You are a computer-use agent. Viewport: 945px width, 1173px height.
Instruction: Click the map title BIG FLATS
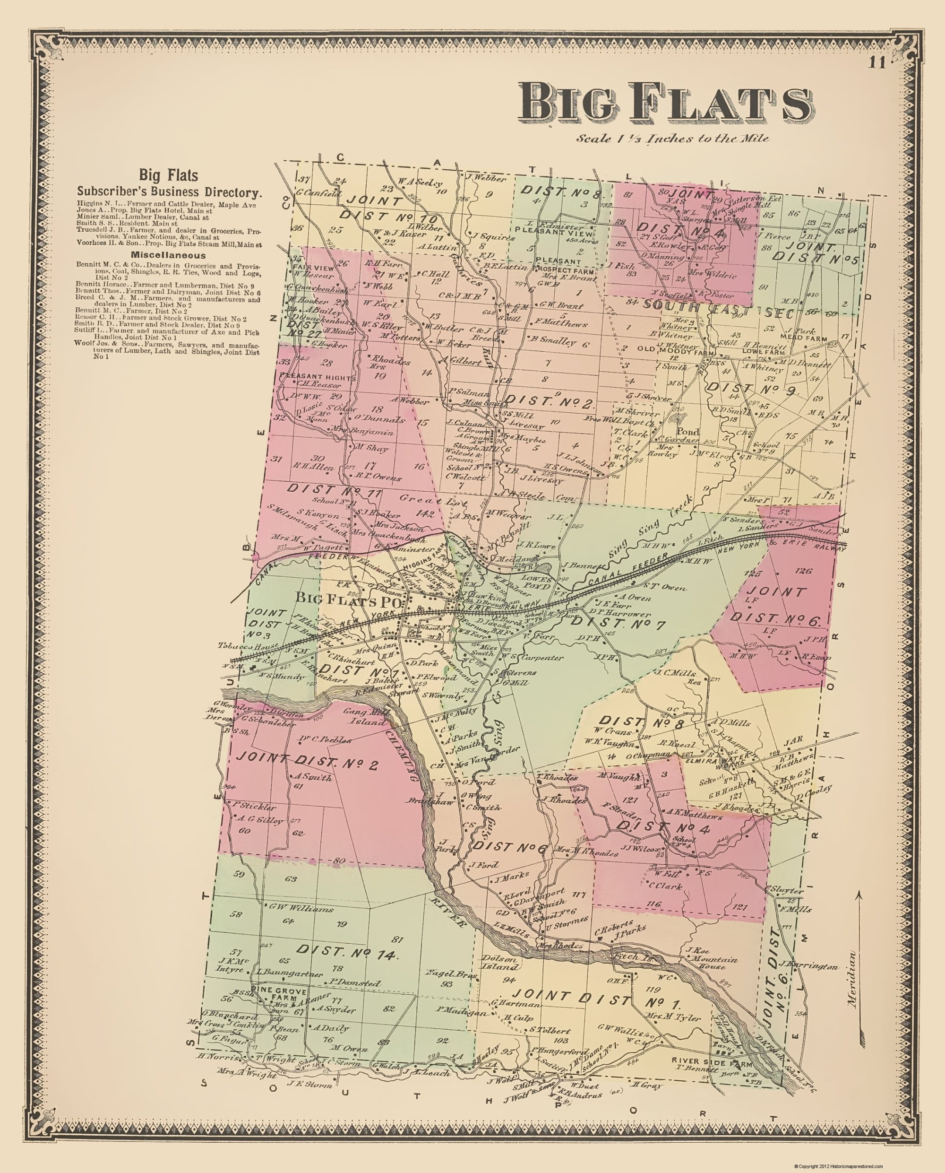point(665,103)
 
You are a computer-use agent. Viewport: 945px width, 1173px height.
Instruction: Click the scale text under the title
point(673,139)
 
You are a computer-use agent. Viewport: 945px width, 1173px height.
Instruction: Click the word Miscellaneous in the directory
point(168,255)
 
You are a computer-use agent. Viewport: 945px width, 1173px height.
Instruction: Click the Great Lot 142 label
point(417,505)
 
